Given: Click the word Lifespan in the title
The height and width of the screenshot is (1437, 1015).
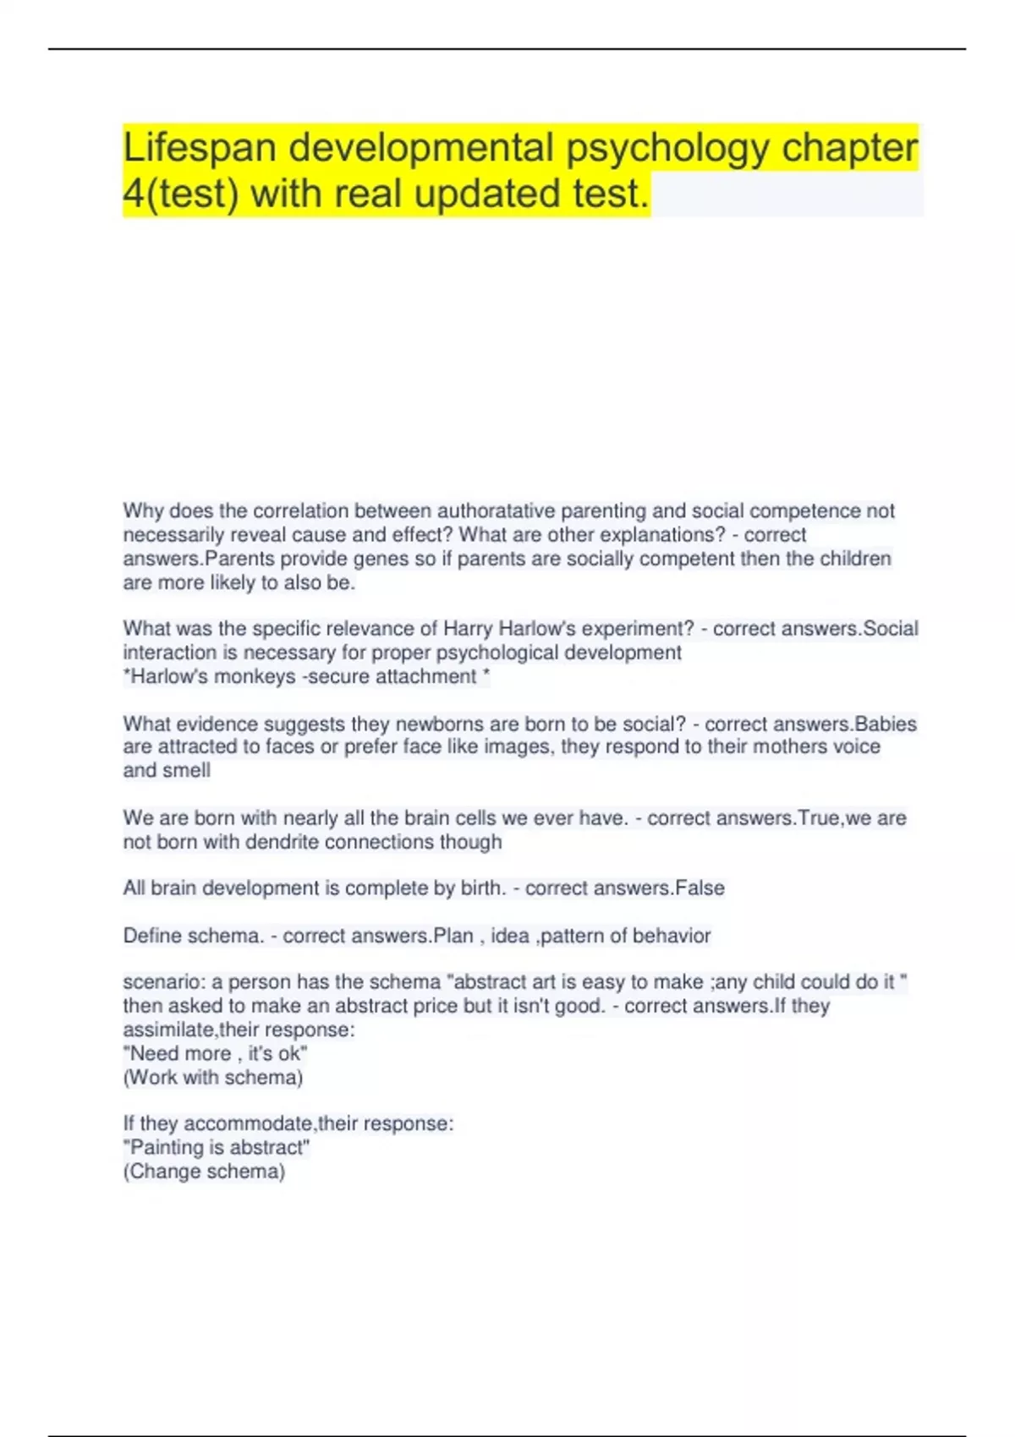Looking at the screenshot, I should point(200,148).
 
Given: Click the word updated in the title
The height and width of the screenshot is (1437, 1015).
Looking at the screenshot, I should point(488,194).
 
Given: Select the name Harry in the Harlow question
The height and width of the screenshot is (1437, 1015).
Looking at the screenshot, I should point(468,629).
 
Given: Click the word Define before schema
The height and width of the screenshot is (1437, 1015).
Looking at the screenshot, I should point(152,936).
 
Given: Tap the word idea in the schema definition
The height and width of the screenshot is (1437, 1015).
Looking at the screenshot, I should point(510,936).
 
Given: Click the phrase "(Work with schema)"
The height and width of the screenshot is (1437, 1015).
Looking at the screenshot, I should point(213,1078).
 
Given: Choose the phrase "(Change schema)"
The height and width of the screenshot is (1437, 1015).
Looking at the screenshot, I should point(204,1172).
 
